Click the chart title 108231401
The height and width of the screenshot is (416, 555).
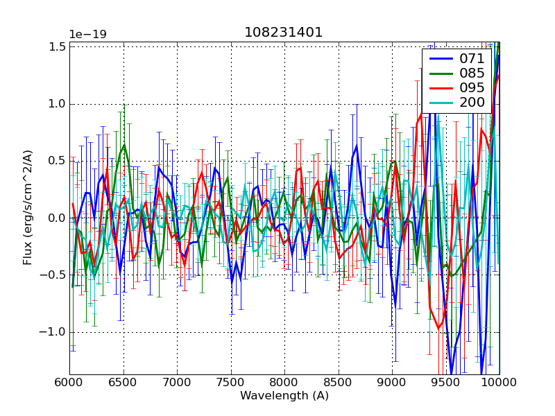click(x=284, y=33)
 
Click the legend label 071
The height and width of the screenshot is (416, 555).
click(x=471, y=58)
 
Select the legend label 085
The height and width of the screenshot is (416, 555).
click(x=471, y=73)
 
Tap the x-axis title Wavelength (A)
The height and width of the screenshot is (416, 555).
click(x=284, y=396)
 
